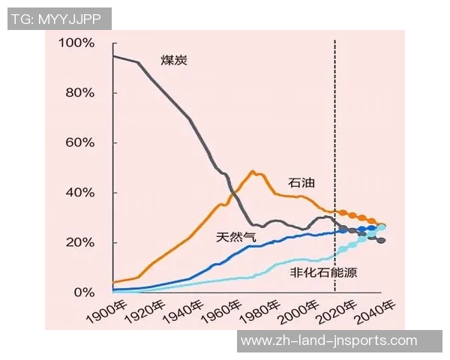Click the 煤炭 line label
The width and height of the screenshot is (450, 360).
tap(173, 60)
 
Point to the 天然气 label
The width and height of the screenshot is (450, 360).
tap(235, 237)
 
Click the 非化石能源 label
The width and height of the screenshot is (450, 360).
tap(323, 272)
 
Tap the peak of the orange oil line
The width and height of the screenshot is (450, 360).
tap(253, 172)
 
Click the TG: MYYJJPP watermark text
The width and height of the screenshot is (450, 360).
tap(59, 19)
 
